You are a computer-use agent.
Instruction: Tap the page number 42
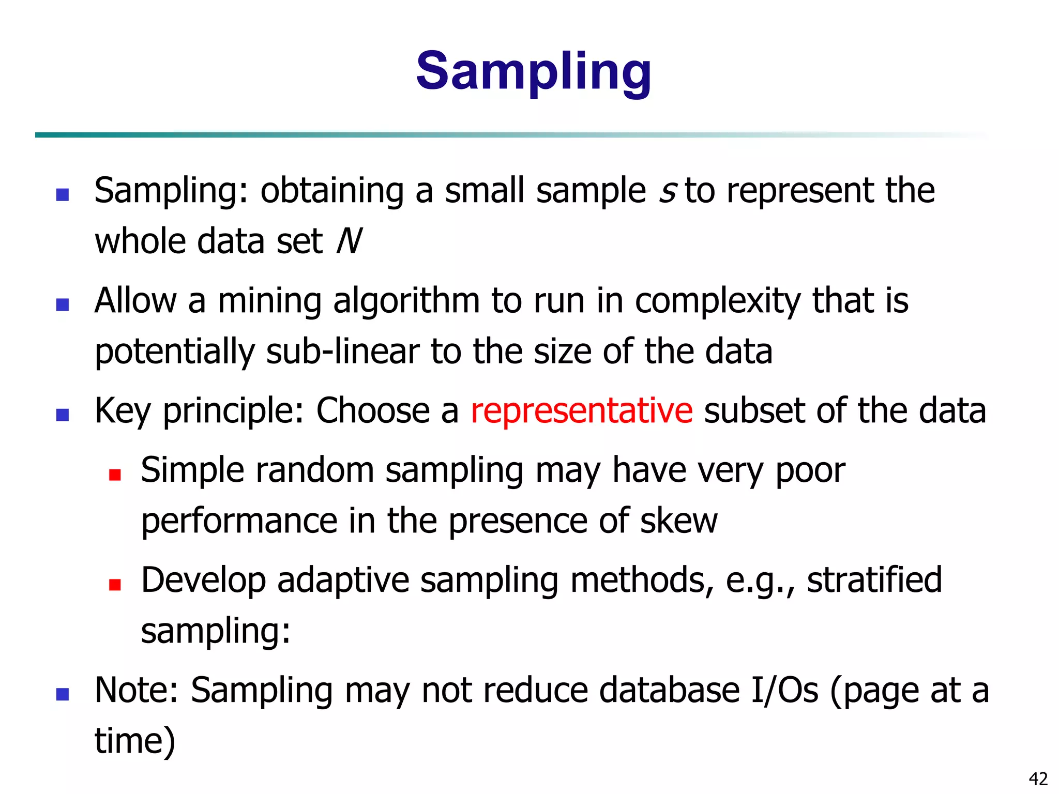(x=1038, y=778)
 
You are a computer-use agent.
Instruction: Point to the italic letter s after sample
(x=667, y=191)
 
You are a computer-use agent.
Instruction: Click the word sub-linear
(x=343, y=352)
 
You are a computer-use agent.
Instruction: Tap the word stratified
(x=874, y=580)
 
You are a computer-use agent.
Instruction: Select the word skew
(x=678, y=521)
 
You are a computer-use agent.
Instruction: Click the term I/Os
(x=784, y=690)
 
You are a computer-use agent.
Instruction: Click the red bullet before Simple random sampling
(x=115, y=475)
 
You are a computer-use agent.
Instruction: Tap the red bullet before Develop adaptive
(x=115, y=585)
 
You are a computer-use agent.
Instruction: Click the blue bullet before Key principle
(x=63, y=415)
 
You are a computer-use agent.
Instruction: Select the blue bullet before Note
(x=63, y=694)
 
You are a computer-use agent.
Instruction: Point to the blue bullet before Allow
(x=63, y=305)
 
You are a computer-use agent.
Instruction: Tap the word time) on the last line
(x=135, y=741)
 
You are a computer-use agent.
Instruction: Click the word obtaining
(x=331, y=191)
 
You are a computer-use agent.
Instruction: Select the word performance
(x=239, y=521)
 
